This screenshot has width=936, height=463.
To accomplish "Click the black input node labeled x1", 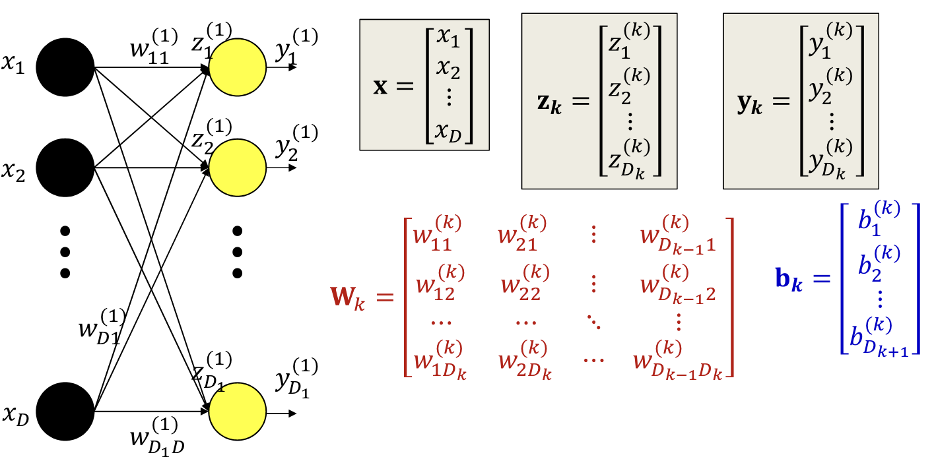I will pyautogui.click(x=65, y=67).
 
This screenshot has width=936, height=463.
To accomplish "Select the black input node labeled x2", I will pyautogui.click(x=65, y=168).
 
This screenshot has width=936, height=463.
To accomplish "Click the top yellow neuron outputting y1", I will pyautogui.click(x=238, y=67).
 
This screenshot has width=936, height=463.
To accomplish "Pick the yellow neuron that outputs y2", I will pyautogui.click(x=238, y=168).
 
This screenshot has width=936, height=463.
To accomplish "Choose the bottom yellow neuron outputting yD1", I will pyautogui.click(x=238, y=411).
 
